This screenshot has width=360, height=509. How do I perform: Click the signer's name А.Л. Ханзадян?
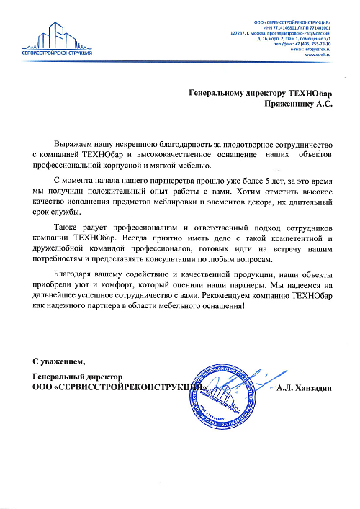tap(303, 389)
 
